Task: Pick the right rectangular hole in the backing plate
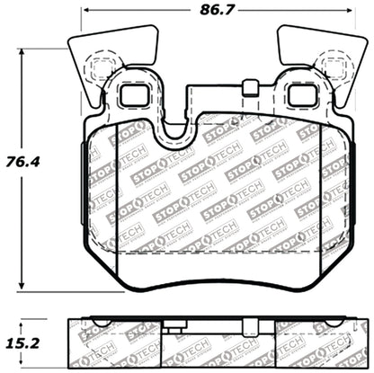point(299,93)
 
